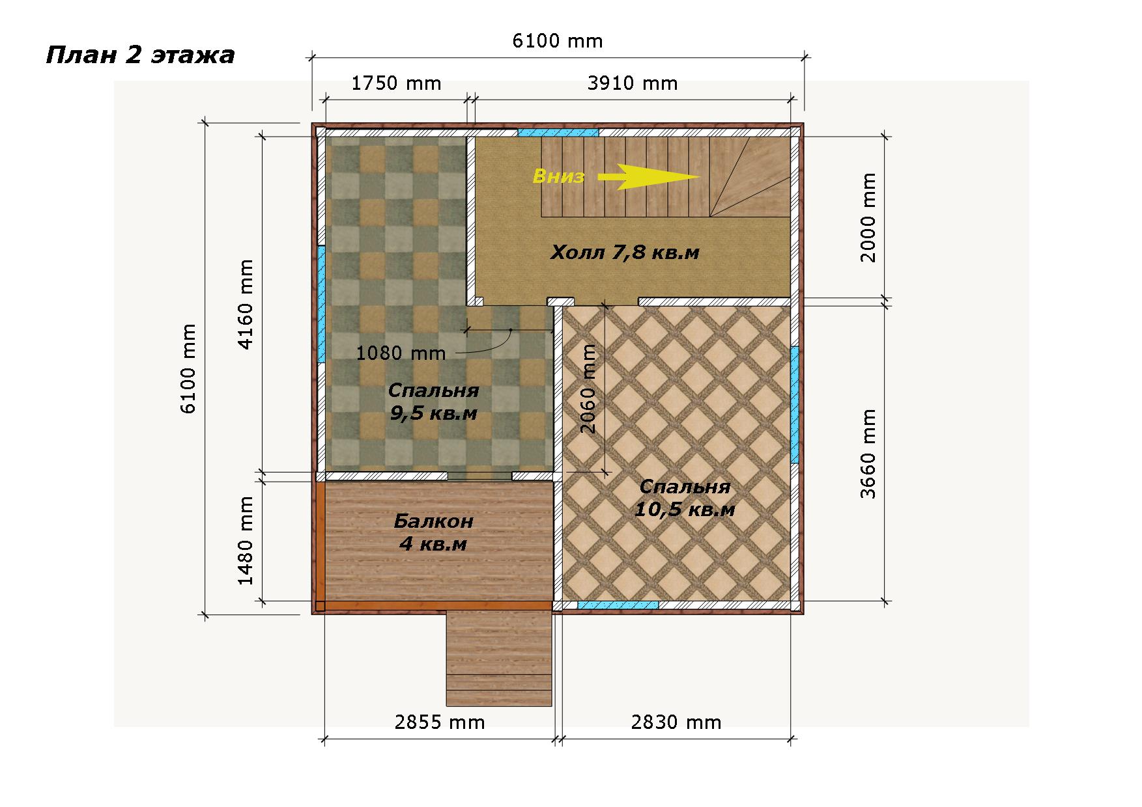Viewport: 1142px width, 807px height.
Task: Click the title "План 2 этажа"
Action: pyautogui.click(x=140, y=56)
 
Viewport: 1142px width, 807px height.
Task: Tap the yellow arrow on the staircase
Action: pyautogui.click(x=649, y=176)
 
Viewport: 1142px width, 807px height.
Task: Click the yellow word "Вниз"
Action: pyautogui.click(x=558, y=176)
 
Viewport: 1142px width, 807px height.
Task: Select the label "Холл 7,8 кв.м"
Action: pyautogui.click(x=625, y=252)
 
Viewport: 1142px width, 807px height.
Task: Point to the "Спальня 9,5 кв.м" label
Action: pyautogui.click(x=433, y=402)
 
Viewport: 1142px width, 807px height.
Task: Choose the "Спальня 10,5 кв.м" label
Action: pyautogui.click(x=685, y=498)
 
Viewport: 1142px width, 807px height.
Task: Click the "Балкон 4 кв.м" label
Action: pyautogui.click(x=433, y=532)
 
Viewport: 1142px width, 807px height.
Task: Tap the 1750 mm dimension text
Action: pyautogui.click(x=396, y=83)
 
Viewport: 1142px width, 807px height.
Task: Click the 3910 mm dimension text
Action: pyautogui.click(x=633, y=83)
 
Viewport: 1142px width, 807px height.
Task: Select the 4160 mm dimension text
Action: pyautogui.click(x=245, y=304)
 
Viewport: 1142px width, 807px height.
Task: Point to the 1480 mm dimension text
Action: pyautogui.click(x=245, y=541)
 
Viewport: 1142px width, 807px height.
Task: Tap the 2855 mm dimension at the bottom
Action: pyautogui.click(x=440, y=722)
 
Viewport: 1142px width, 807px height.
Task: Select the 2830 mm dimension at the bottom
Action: pyautogui.click(x=676, y=722)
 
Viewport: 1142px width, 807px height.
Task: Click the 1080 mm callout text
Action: pyautogui.click(x=401, y=353)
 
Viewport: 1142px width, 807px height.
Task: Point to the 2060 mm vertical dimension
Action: pyautogui.click(x=588, y=389)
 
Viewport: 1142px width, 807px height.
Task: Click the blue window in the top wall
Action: pyautogui.click(x=558, y=133)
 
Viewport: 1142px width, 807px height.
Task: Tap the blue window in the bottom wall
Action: pyautogui.click(x=618, y=605)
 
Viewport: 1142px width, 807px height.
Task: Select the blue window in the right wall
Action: pyautogui.click(x=795, y=404)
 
